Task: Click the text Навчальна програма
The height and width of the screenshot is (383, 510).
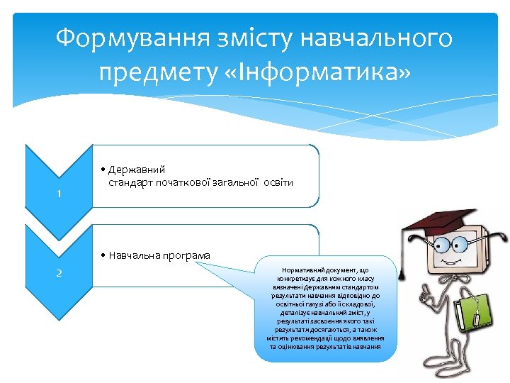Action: (159, 255)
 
